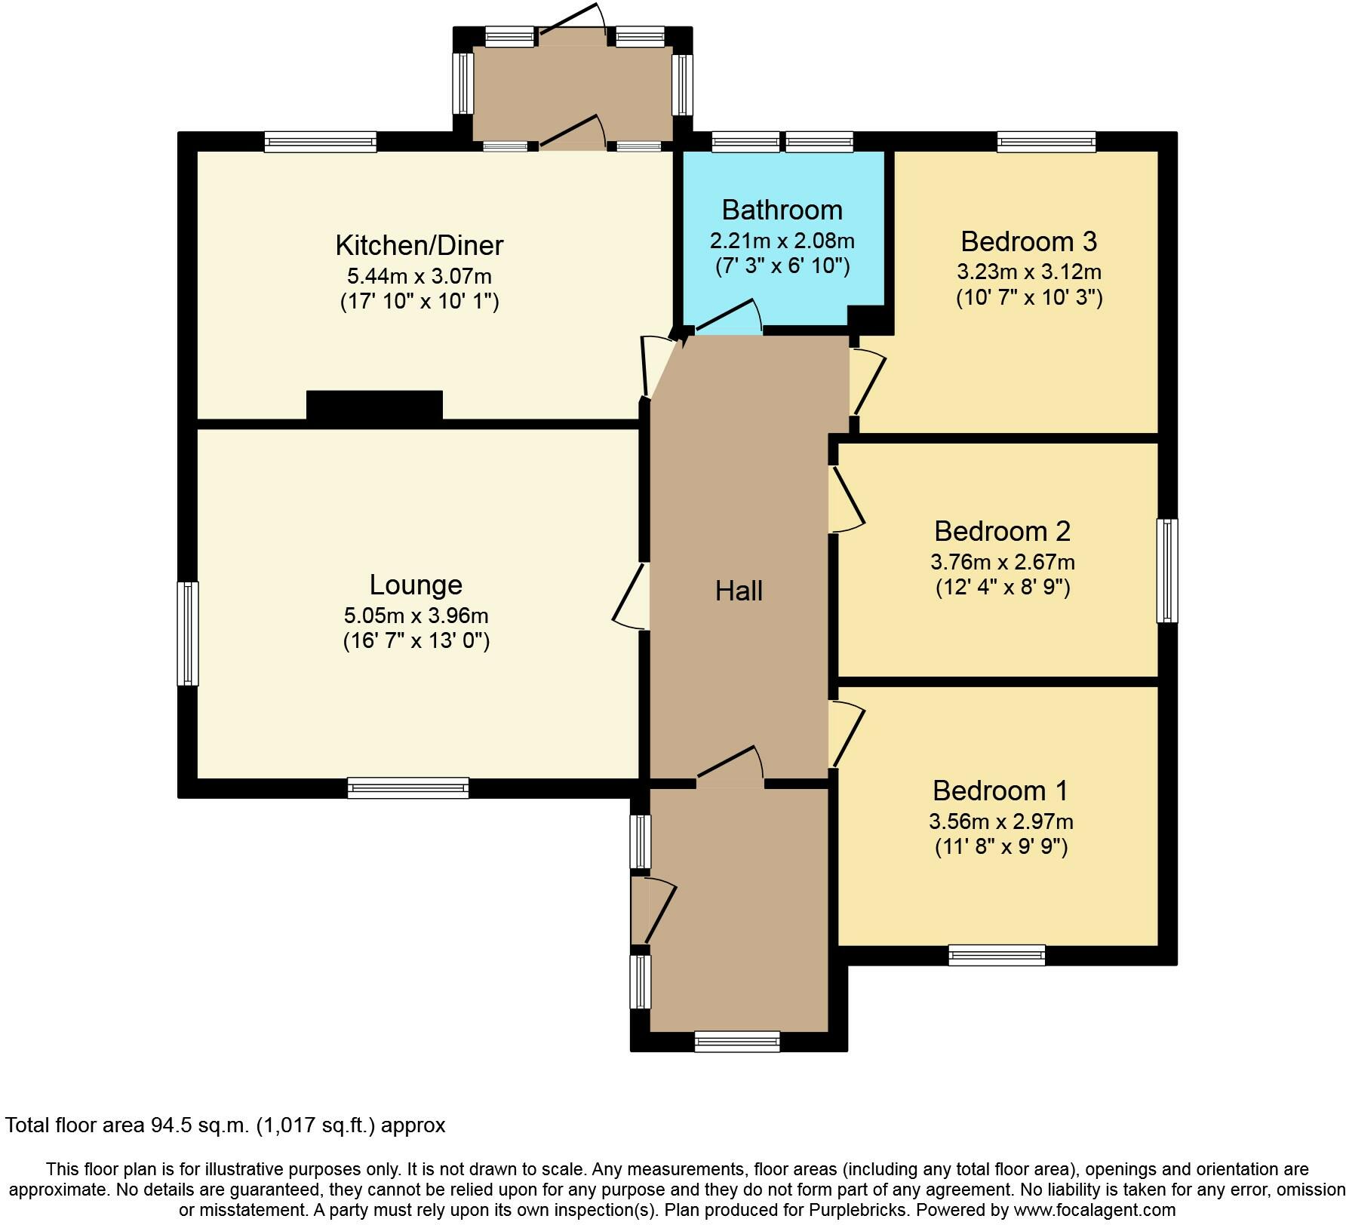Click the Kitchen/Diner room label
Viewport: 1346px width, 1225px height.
(x=419, y=245)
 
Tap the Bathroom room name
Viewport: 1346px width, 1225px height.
(x=782, y=210)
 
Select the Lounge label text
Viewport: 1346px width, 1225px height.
(x=416, y=585)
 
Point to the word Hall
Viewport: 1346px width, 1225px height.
(x=739, y=591)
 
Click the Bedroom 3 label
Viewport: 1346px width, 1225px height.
(x=1028, y=241)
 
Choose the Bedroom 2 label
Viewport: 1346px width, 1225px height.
(x=1002, y=531)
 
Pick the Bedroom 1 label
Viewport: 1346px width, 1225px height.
(x=1000, y=791)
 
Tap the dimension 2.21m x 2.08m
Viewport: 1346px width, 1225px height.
(x=782, y=241)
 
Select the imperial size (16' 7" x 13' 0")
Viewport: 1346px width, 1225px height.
(x=416, y=641)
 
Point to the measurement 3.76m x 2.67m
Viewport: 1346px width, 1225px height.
(x=1002, y=562)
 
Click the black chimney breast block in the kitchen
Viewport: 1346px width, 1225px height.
(x=374, y=405)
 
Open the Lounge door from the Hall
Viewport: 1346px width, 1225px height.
(x=631, y=596)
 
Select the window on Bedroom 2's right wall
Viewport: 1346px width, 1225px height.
(x=1167, y=570)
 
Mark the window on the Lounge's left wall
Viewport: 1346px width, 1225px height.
(x=188, y=633)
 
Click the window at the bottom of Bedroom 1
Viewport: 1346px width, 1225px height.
(x=997, y=955)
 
